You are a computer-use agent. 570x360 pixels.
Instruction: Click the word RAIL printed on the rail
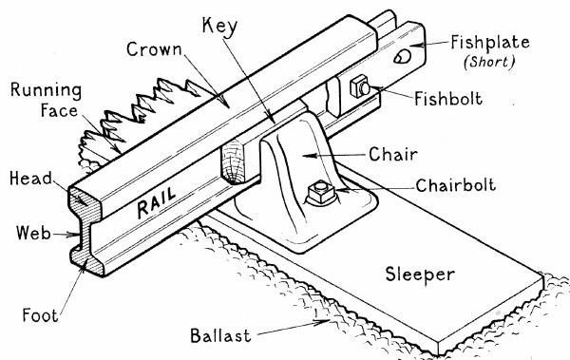[157, 202]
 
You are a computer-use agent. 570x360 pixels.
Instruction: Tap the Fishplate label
[490, 43]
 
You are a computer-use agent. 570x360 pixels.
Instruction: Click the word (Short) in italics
[489, 62]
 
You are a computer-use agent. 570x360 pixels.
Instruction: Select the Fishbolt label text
[448, 99]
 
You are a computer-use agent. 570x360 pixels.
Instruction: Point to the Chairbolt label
[456, 185]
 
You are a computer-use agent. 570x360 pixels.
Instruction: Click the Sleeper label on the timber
[420, 275]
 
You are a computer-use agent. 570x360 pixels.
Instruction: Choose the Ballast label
[220, 335]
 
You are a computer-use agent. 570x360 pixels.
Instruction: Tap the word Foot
[40, 315]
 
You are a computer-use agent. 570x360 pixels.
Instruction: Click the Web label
[33, 233]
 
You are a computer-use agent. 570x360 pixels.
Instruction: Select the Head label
[31, 179]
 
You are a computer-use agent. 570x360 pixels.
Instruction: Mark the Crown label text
[154, 49]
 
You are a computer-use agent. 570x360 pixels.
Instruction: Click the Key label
[219, 27]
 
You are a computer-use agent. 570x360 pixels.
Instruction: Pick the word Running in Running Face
[46, 91]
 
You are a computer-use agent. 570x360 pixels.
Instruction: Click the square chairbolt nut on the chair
[321, 192]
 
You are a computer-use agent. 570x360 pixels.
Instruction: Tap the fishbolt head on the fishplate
[360, 87]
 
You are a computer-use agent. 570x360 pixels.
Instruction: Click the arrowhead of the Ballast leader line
[324, 321]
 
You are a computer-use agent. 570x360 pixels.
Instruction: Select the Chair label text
[393, 154]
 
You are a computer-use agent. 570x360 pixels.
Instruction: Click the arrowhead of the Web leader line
[73, 235]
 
